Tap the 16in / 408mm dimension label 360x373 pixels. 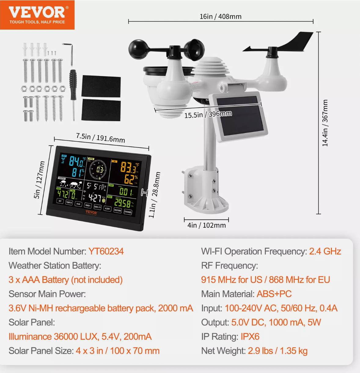pyautogui.click(x=220, y=16)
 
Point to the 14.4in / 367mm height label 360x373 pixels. pyautogui.click(x=325, y=123)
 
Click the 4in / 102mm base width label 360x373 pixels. pyautogui.click(x=207, y=225)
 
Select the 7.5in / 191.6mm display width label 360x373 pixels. pyautogui.click(x=101, y=138)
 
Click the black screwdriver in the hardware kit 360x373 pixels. pyautogui.click(x=73, y=89)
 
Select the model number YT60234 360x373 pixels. pyautogui.click(x=106, y=252)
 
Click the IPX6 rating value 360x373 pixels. pyautogui.click(x=250, y=337)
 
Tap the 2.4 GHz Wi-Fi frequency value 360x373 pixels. pyautogui.click(x=325, y=252)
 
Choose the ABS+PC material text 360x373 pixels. pyautogui.click(x=274, y=294)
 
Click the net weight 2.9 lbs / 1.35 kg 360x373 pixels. pyautogui.click(x=277, y=351)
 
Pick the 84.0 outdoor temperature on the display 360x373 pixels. pyautogui.click(x=76, y=161)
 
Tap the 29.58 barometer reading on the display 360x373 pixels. pyautogui.click(x=123, y=203)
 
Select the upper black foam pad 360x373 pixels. pyautogui.click(x=101, y=86)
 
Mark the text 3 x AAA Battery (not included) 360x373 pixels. pyautogui.click(x=66, y=280)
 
